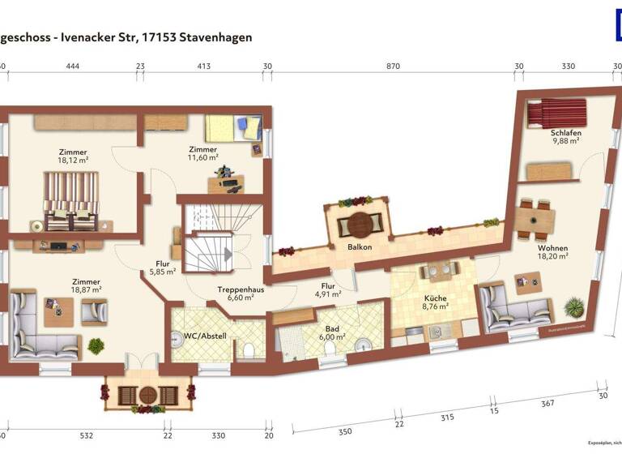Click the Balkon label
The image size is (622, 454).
(360, 246)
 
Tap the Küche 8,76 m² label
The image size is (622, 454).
(435, 302)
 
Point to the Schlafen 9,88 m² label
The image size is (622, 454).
(566, 136)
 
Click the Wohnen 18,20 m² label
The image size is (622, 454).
(552, 252)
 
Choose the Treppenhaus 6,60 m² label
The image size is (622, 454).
(241, 293)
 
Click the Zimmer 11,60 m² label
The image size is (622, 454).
(202, 153)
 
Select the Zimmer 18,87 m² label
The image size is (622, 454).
(85, 285)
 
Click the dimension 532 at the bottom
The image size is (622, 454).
(87, 435)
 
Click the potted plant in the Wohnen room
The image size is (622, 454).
(575, 307)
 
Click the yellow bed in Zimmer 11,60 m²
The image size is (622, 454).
(230, 128)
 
